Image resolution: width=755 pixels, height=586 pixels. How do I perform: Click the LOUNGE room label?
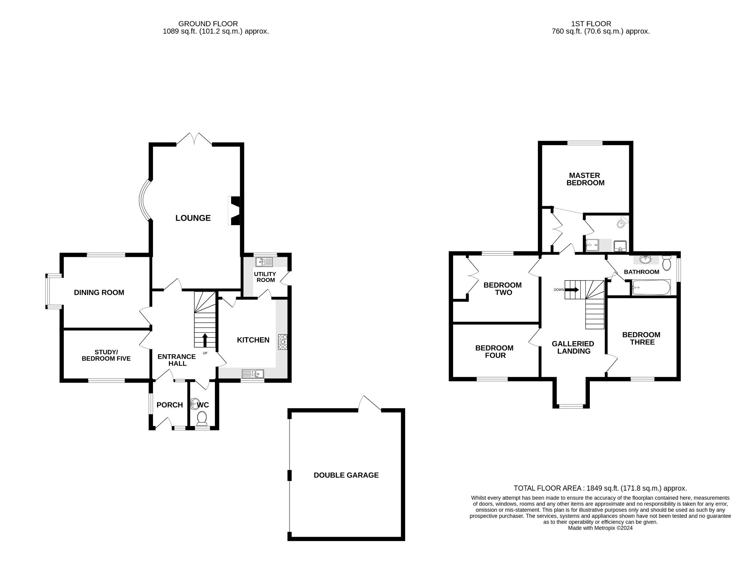point(193,218)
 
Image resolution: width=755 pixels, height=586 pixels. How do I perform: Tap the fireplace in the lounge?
point(235,211)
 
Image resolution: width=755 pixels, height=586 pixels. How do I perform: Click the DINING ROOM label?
point(99,293)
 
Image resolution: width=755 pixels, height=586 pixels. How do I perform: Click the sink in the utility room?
point(264,262)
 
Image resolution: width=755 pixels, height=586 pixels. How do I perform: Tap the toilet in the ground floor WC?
point(202,418)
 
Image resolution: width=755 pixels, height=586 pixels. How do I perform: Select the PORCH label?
point(170,405)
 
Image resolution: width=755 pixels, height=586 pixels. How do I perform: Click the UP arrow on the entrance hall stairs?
point(205,340)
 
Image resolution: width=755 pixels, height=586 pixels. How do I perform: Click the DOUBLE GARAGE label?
point(346,475)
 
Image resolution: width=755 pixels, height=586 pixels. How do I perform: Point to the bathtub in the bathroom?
point(651,287)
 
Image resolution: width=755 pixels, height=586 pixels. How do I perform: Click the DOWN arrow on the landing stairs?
point(572,290)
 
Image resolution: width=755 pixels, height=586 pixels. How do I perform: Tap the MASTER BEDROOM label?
point(585,179)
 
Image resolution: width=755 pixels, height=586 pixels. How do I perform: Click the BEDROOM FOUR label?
point(494,352)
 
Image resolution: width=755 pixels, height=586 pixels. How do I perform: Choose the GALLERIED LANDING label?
point(573,347)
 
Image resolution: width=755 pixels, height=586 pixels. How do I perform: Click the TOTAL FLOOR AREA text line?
point(600,488)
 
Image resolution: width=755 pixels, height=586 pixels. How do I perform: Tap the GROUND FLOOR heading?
point(208,24)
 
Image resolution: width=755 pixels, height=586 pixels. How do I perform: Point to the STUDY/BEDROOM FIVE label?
point(106,355)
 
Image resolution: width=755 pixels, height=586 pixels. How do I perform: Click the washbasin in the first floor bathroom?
point(645,260)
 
